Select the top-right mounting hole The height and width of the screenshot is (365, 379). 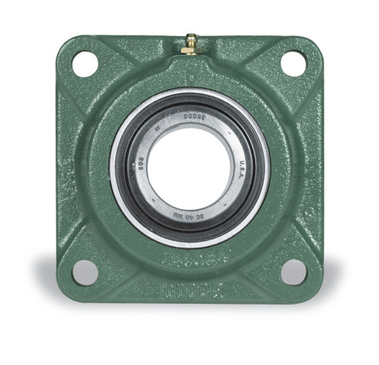(x=293, y=63)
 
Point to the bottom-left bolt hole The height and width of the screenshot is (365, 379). (x=85, y=271)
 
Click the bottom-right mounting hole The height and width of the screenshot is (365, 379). (x=293, y=271)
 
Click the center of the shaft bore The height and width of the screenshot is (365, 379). (x=189, y=165)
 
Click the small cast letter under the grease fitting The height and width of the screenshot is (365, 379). (x=189, y=76)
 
